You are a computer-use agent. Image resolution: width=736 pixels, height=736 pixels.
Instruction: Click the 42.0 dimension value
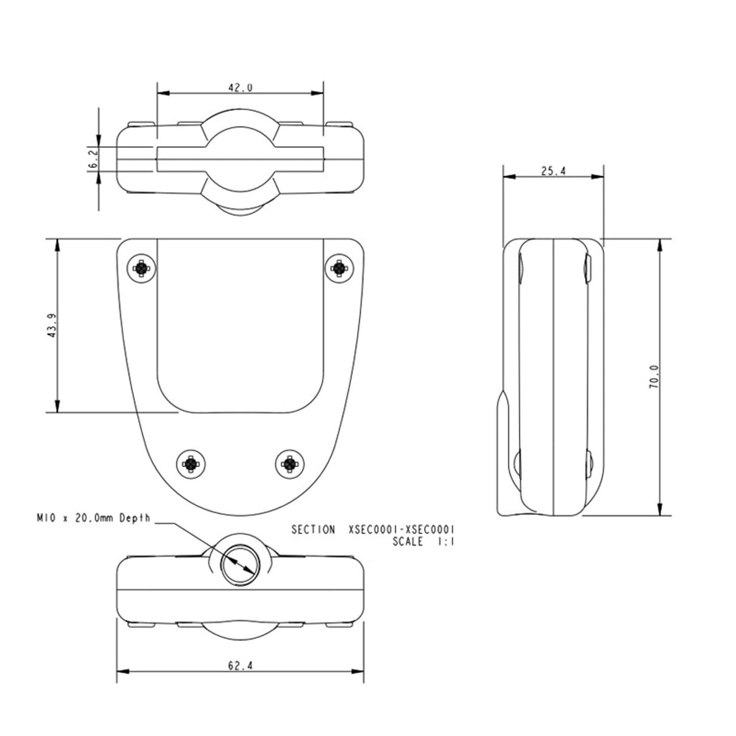point(240,87)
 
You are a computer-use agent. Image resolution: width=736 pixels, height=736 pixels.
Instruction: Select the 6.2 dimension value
point(93,159)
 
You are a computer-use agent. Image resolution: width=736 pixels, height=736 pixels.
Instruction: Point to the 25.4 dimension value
point(553,171)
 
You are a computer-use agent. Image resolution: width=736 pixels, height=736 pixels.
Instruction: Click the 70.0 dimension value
point(654,376)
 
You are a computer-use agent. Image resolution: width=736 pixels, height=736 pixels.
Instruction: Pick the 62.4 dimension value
point(240,666)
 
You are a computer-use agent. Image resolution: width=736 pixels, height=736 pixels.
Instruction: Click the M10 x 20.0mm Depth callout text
point(92,519)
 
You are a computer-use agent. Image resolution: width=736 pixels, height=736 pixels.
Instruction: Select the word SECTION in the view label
point(313,530)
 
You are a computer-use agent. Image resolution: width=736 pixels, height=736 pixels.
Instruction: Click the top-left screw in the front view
point(141,267)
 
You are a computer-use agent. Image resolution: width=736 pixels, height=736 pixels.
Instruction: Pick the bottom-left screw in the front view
point(191,464)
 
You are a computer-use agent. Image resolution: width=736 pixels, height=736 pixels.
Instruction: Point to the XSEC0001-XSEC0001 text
point(402,530)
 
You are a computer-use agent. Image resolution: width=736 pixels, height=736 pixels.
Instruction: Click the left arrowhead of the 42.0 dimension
point(162,93)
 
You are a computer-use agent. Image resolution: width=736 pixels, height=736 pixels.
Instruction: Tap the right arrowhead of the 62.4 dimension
point(359,671)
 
